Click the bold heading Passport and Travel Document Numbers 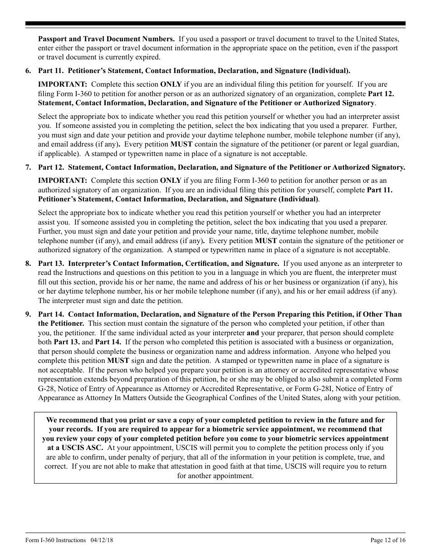pyautogui.click(x=106, y=39)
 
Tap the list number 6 pyautogui.click(x=28, y=71)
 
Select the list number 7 pyautogui.click(x=28, y=167)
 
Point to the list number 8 pyautogui.click(x=28, y=264)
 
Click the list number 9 pyautogui.click(x=28, y=314)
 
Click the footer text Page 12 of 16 pyautogui.click(x=388, y=540)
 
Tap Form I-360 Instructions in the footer pyautogui.click(x=55, y=540)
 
